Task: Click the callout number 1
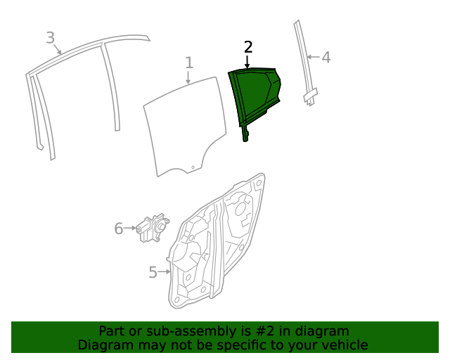point(189,63)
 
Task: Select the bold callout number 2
point(247,47)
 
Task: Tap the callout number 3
point(50,37)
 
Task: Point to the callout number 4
point(326,57)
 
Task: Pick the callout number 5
point(153,272)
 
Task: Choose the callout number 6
point(118,229)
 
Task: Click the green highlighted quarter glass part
point(254,95)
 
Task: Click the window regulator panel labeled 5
point(211,246)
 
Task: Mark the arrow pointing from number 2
point(247,62)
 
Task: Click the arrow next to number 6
point(131,229)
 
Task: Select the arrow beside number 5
point(165,271)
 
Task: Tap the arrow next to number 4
point(314,57)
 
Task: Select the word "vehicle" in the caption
point(343,345)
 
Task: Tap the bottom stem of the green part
point(245,134)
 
